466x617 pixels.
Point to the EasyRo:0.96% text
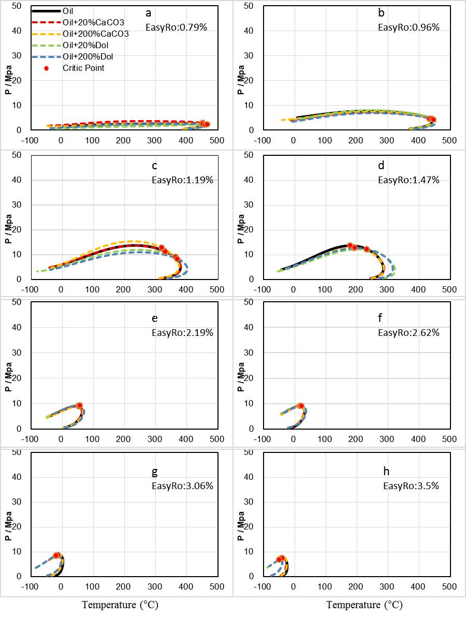pyautogui.click(x=409, y=27)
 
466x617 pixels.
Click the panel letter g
pyautogui.click(x=154, y=472)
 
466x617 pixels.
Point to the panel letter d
pyautogui.click(x=381, y=166)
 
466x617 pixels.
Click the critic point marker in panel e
pyautogui.click(x=79, y=405)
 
